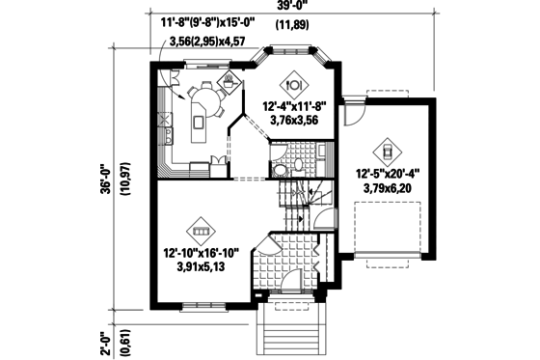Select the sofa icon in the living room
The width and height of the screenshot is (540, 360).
(200, 232)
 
